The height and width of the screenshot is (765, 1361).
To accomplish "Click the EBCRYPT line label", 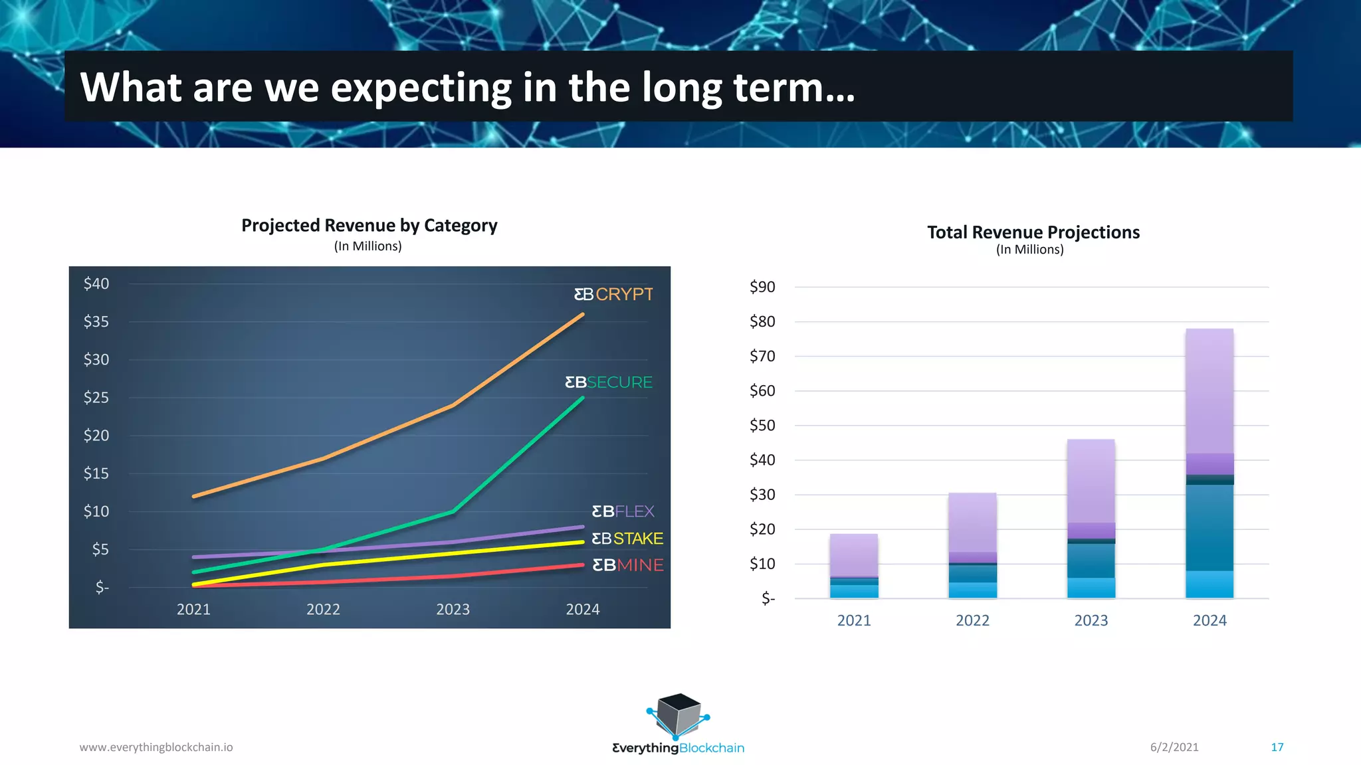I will (613, 294).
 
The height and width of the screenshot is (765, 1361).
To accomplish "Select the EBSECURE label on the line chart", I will (609, 382).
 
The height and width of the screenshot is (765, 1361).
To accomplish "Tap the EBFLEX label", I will (623, 511).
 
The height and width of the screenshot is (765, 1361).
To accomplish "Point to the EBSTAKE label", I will (627, 539).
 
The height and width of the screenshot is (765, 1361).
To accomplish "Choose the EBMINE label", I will (627, 565).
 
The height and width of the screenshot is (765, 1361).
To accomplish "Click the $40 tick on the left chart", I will (96, 284).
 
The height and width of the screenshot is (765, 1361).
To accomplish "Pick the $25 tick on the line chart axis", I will (96, 398).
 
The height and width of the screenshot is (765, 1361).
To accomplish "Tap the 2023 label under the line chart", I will (453, 610).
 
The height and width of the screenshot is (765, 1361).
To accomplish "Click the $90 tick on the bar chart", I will (762, 287).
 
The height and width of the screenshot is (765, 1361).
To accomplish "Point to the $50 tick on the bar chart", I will (762, 426).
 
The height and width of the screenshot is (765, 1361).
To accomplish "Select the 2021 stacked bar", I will (854, 566).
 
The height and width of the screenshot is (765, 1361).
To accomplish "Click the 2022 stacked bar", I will (972, 545).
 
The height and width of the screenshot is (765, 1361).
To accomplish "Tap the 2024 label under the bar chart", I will (1209, 621).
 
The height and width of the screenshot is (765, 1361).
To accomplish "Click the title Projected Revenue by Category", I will (369, 226).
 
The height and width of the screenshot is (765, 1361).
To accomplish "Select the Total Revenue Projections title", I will (1033, 232).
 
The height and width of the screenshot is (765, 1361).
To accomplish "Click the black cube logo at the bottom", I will (679, 715).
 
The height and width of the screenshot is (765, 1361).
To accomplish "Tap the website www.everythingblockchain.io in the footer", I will (156, 747).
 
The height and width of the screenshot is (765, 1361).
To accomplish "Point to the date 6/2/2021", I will (1174, 747).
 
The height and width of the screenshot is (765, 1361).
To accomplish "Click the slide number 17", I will (1277, 747).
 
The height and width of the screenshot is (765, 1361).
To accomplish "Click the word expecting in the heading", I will (421, 88).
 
